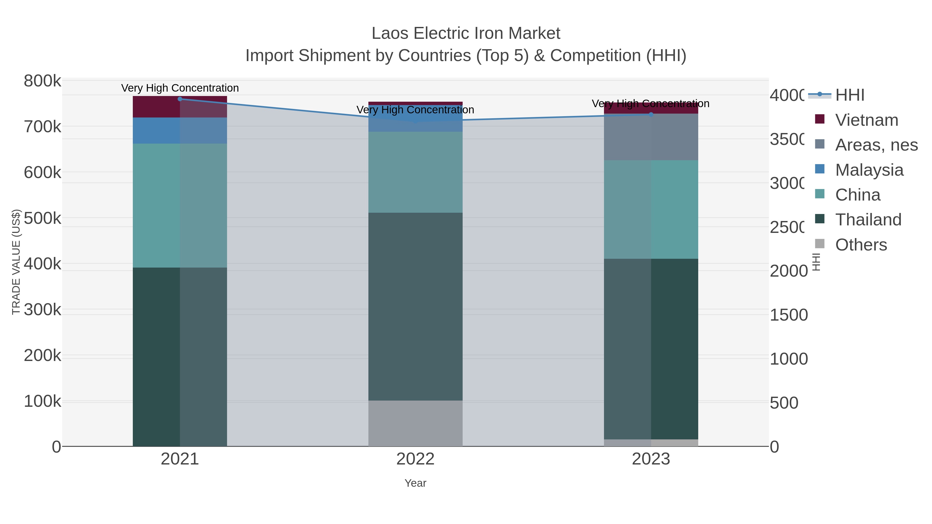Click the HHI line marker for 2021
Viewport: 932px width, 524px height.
click(x=180, y=99)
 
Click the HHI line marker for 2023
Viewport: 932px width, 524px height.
click(x=651, y=115)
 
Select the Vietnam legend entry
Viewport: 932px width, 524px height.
click(x=866, y=120)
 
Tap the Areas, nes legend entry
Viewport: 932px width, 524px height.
click(x=876, y=145)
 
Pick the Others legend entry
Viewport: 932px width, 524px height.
click(x=861, y=245)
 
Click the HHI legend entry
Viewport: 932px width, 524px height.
click(x=849, y=95)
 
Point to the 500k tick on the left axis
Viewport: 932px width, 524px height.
click(x=42, y=218)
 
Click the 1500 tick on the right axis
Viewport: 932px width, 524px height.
click(x=788, y=315)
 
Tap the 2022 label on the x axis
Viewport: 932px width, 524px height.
click(x=415, y=459)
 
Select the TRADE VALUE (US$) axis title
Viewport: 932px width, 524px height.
click(x=16, y=262)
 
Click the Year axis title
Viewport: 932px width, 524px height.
click(x=415, y=483)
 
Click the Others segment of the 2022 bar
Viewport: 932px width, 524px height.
click(x=415, y=423)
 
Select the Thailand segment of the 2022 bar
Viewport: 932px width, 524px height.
click(x=415, y=307)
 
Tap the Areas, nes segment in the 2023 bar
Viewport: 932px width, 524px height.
click(x=651, y=137)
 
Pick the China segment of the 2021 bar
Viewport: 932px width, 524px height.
click(x=180, y=205)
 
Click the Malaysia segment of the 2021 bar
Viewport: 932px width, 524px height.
click(x=180, y=131)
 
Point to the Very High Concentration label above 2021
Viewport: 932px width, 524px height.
click(x=180, y=88)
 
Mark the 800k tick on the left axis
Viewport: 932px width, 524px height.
click(x=42, y=81)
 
